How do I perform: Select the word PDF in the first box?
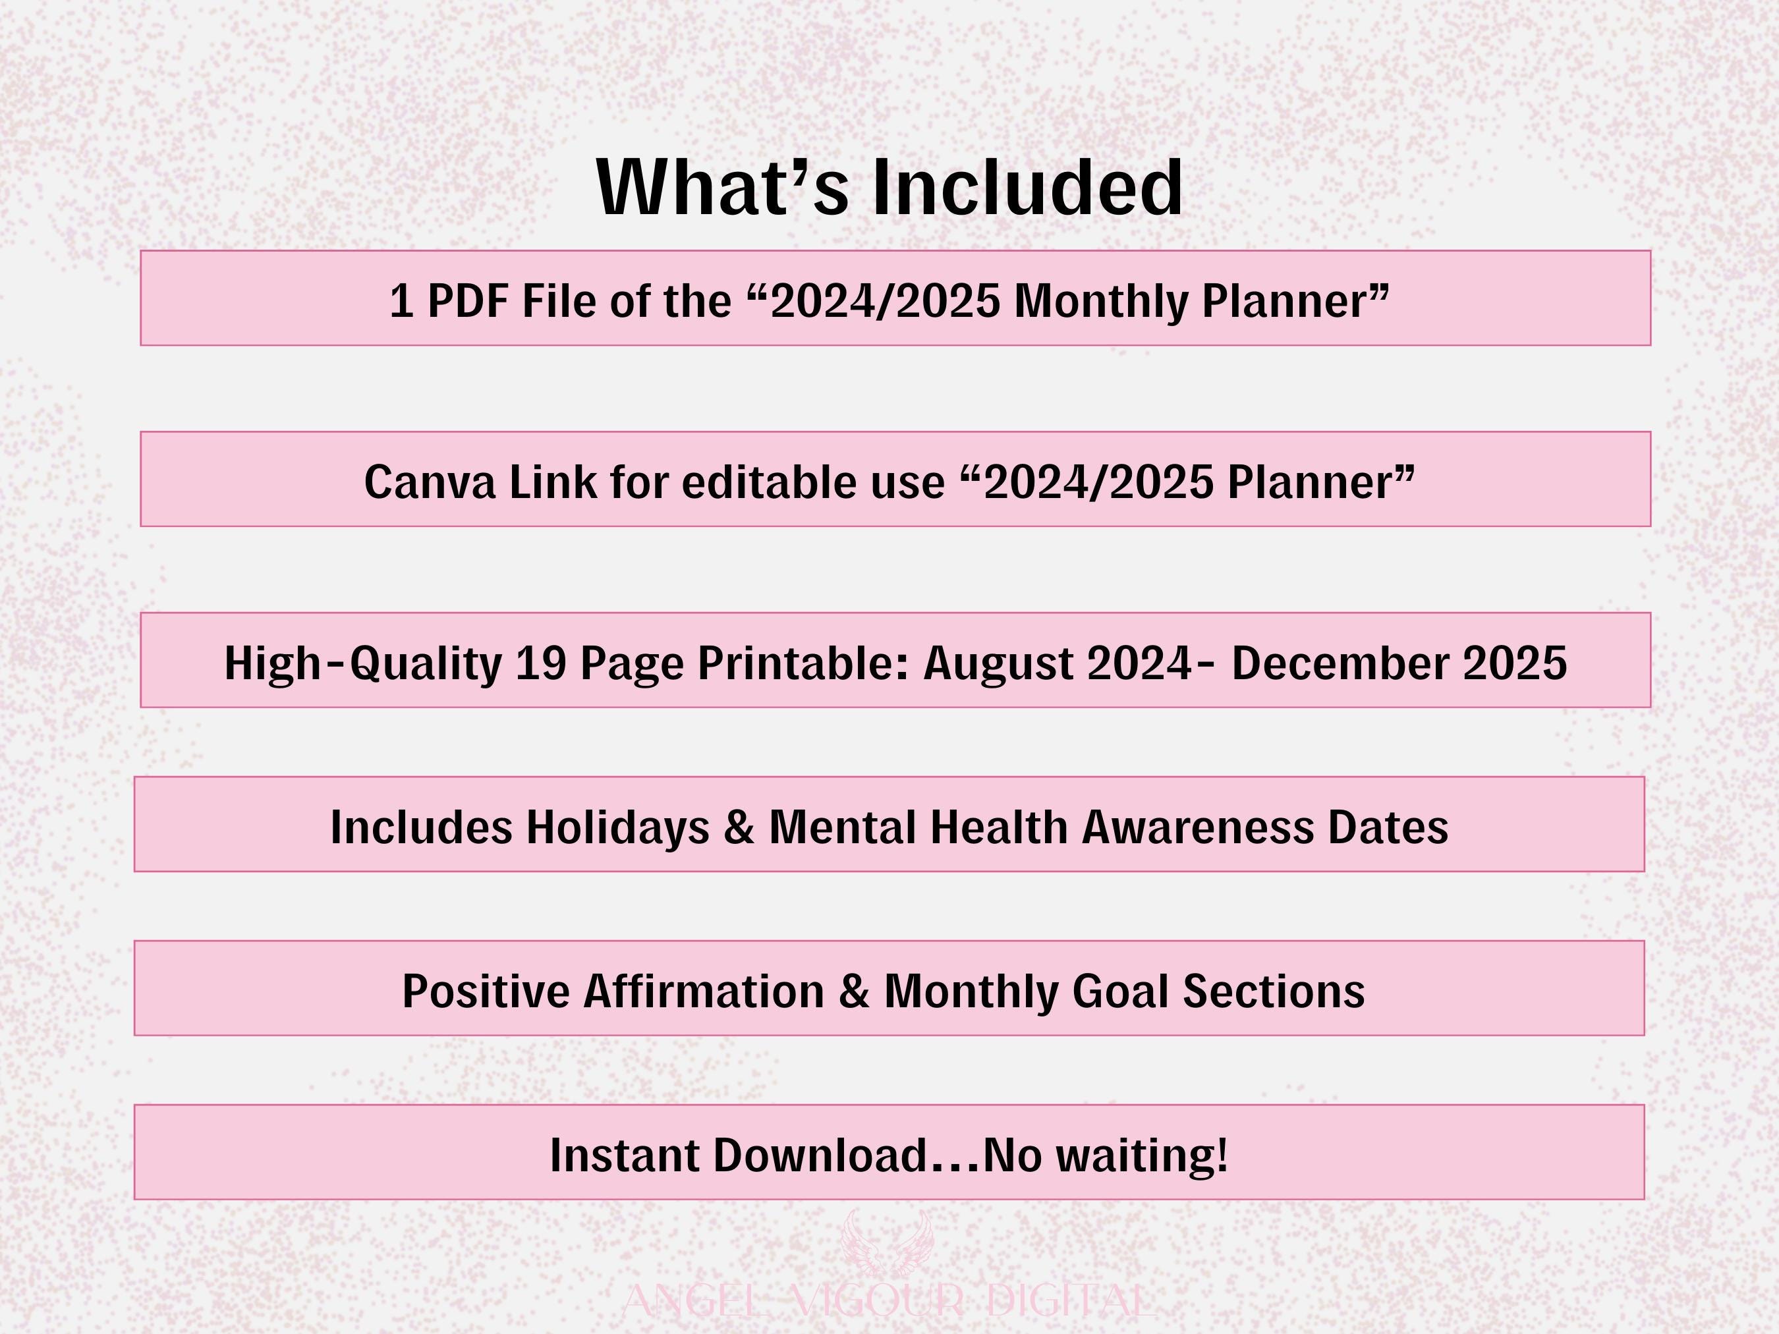coord(468,302)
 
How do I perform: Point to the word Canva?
coord(430,482)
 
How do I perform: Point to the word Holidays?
coord(617,829)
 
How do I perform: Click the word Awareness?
coord(1197,827)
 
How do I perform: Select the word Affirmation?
coord(704,991)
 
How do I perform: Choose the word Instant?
coord(624,1155)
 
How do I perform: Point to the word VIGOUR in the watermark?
coord(878,1300)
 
